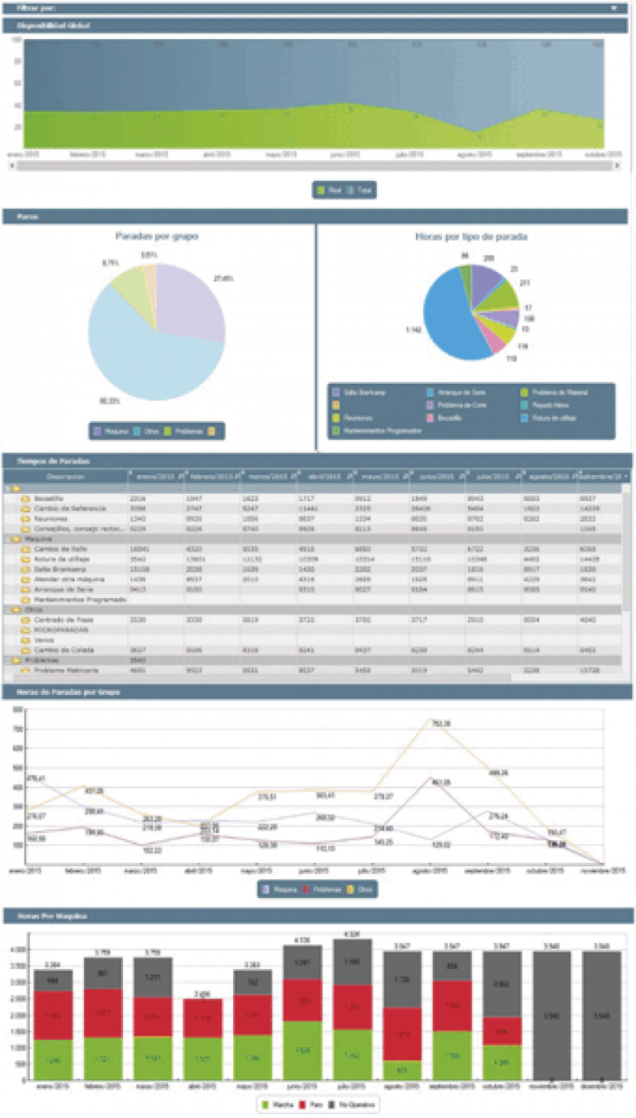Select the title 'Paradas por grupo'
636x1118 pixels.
157,236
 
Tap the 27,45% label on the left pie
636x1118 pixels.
223,278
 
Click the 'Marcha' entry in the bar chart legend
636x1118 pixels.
279,1105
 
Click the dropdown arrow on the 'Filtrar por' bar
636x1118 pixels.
613,8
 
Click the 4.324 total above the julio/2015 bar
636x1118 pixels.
353,934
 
